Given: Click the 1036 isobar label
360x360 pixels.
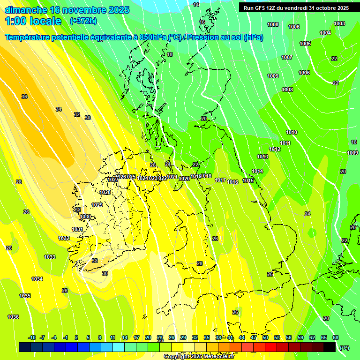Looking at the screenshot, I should [x=13, y=317].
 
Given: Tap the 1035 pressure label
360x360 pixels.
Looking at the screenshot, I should [x=25, y=296].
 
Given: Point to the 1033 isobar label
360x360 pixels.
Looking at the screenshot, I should [x=50, y=257].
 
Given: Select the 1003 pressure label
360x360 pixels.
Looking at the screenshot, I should [x=339, y=23].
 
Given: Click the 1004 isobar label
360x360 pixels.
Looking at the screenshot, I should [x=325, y=33].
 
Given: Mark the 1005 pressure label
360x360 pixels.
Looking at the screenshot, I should [x=305, y=44].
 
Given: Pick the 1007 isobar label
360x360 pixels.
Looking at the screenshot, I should [x=287, y=57].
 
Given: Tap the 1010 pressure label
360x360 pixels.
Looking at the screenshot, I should [x=292, y=132].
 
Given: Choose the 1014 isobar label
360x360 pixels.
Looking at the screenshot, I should [x=257, y=171].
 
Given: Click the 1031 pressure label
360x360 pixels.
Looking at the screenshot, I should [x=77, y=229].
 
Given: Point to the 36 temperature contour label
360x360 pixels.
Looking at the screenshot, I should [x=24, y=97].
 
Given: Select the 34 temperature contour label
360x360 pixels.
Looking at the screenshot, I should [x=59, y=109].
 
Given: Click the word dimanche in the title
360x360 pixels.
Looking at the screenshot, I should [x=25, y=9].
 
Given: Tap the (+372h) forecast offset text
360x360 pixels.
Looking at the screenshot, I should [x=83, y=21].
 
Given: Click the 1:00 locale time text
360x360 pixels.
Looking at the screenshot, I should [x=33, y=21].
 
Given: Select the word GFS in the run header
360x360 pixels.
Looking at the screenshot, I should [x=262, y=8].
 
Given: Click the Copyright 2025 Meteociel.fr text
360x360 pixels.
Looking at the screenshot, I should [x=199, y=357].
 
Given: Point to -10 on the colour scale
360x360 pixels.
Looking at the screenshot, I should [x=32, y=337].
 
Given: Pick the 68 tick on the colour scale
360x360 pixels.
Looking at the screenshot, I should [x=336, y=337].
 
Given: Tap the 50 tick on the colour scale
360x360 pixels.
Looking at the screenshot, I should [x=265, y=337].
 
